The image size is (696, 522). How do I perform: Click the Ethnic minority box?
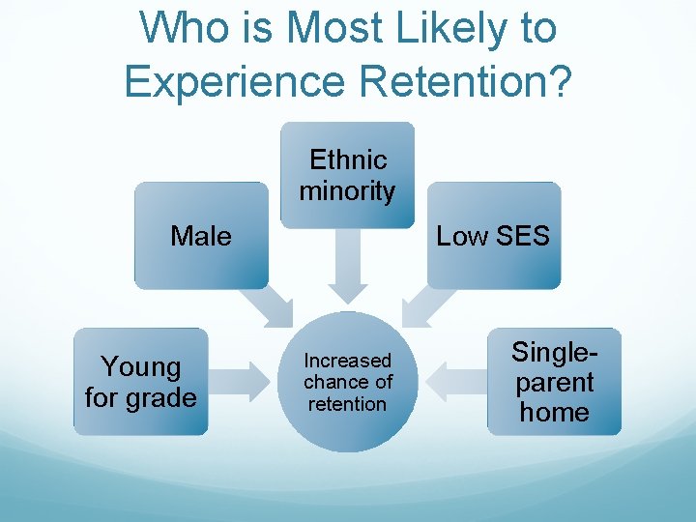347,175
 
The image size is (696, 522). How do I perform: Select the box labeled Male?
201,236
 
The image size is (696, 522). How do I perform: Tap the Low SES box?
493,236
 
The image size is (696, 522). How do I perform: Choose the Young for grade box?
140,381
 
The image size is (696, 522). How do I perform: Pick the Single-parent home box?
554,381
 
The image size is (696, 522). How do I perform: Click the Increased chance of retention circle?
347,382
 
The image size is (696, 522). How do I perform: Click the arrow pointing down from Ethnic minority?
347,266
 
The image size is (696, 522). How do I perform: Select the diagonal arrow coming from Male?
269,304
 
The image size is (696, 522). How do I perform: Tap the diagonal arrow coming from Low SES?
424,304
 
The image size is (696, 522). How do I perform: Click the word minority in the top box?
347,191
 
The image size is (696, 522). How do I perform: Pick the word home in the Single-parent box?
554,412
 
